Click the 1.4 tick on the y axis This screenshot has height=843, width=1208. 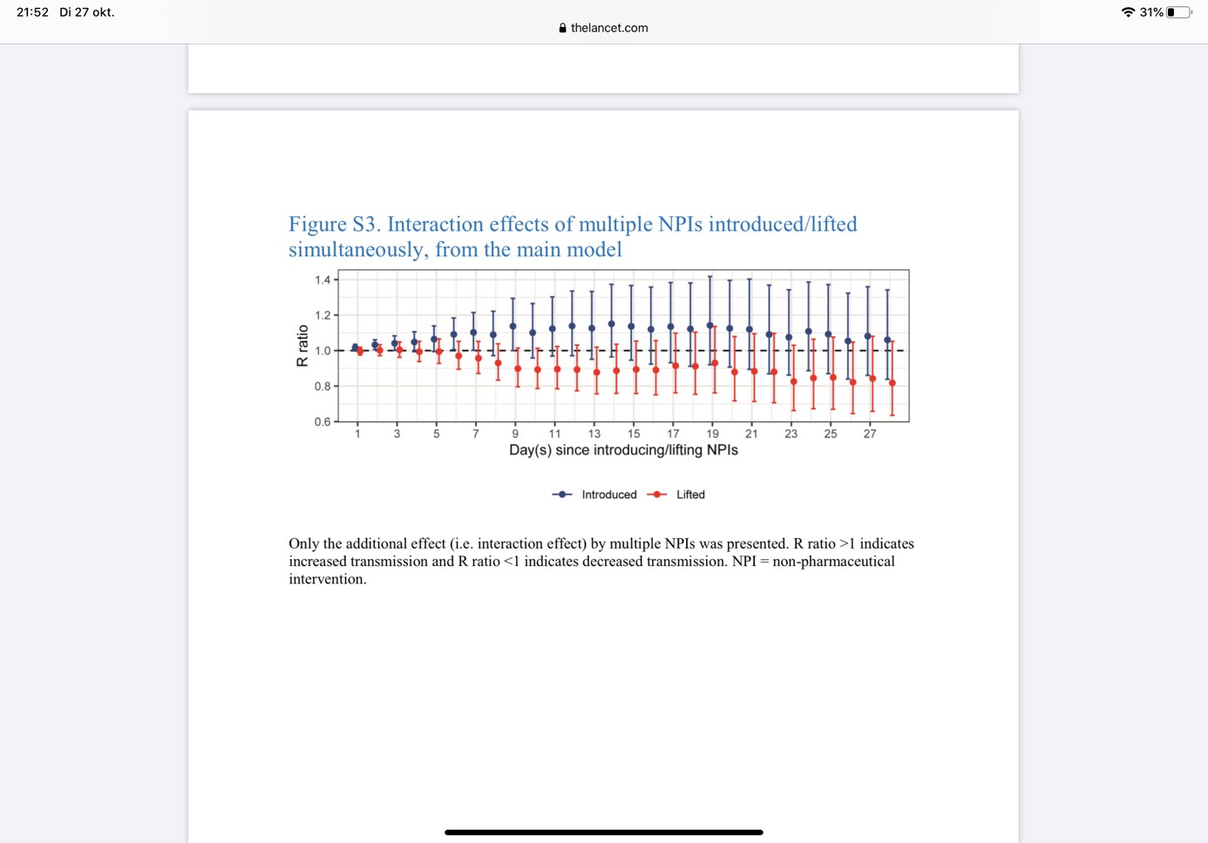322,280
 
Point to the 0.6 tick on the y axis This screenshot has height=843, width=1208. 322,421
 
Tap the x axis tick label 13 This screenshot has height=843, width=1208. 594,434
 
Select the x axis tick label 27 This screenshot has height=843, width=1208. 870,434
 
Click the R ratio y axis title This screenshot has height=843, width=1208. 302,346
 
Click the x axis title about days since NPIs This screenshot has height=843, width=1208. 623,450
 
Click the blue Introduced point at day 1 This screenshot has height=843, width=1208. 355,347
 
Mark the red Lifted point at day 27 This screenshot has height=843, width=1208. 872,379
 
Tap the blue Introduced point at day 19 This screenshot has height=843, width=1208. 709,326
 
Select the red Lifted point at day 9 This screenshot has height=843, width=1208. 518,369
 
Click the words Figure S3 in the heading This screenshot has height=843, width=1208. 334,225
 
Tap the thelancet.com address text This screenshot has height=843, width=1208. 609,28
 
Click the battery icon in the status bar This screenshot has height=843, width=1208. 1178,12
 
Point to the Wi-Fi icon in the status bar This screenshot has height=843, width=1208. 1128,12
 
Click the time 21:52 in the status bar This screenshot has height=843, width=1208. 32,12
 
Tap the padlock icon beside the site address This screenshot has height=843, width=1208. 563,28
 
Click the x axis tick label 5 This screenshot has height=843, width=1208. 436,434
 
